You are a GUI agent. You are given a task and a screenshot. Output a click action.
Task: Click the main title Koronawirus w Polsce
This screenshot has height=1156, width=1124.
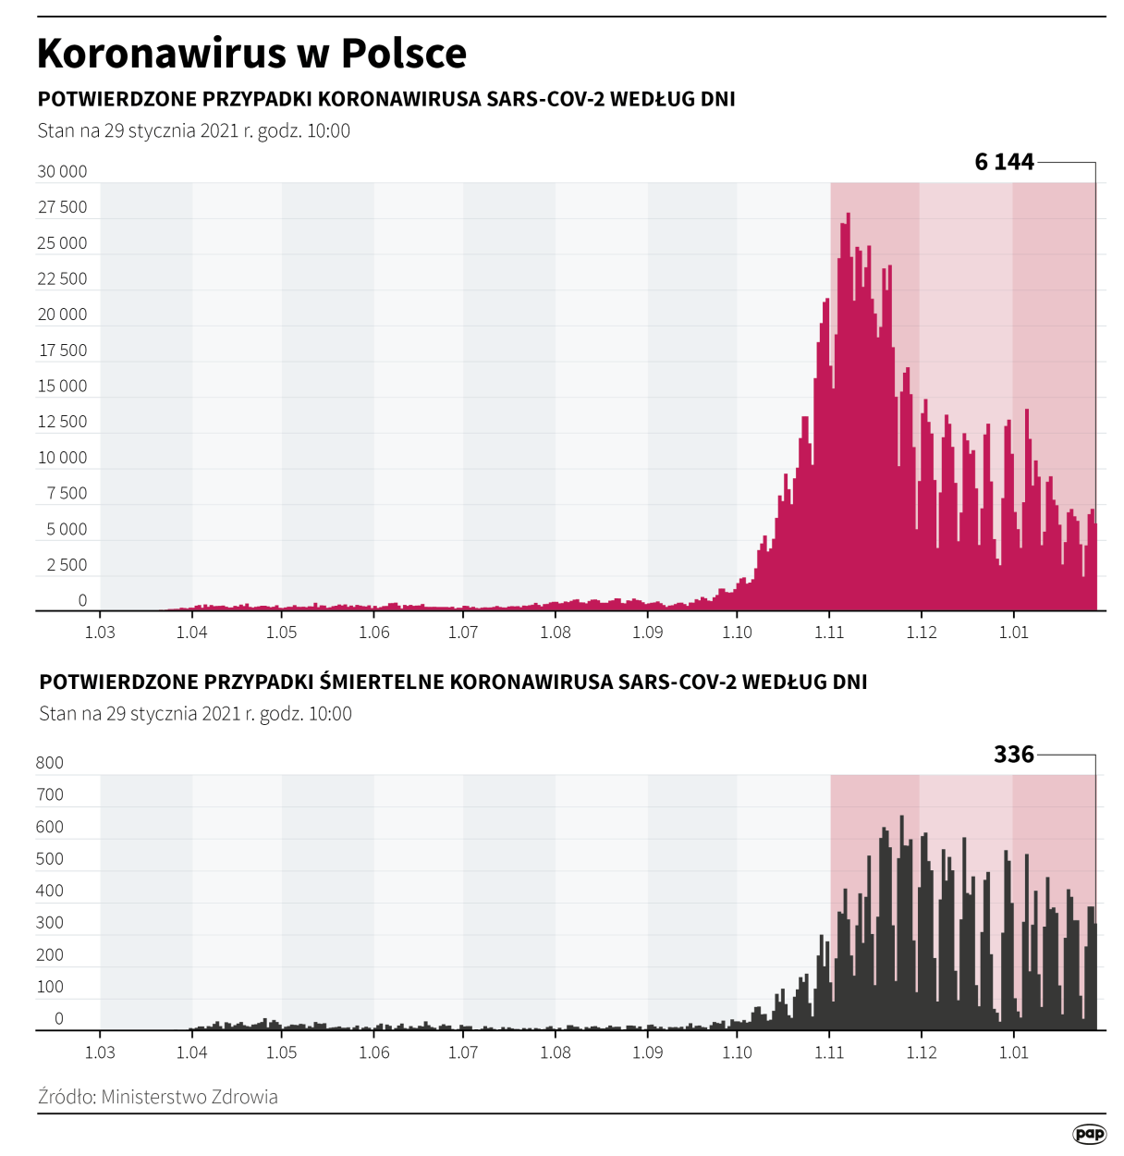[x=251, y=54]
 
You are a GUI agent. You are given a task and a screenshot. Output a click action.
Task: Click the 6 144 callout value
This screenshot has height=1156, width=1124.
[x=1004, y=162]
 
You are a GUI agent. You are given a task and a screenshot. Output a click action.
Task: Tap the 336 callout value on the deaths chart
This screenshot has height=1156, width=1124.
[x=1013, y=755]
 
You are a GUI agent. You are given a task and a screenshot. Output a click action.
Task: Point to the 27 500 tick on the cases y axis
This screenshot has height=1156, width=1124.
[x=62, y=207]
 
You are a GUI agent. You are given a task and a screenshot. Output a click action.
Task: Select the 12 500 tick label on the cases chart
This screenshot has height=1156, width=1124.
[x=62, y=422]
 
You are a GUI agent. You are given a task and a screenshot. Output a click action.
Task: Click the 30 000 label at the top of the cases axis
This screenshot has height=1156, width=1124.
[x=62, y=172]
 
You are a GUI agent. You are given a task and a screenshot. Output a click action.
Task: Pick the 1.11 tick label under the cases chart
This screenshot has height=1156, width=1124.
[x=829, y=633]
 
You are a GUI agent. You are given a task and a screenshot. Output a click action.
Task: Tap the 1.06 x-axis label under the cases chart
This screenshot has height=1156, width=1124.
[x=373, y=633]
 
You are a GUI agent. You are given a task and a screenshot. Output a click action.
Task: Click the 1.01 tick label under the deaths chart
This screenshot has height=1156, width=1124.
[x=1013, y=1052]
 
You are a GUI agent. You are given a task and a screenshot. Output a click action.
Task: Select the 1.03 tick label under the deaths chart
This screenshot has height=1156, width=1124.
[x=100, y=1052]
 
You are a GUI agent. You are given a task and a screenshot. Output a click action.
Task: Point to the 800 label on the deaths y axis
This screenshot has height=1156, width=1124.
[x=50, y=763]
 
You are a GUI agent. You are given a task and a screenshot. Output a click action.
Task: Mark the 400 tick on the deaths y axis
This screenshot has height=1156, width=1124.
[x=50, y=891]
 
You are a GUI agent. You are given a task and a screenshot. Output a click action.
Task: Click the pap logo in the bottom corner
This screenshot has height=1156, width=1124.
[x=1089, y=1134]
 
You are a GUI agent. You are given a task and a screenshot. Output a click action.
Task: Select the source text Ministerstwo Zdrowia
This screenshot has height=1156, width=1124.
[x=189, y=1097]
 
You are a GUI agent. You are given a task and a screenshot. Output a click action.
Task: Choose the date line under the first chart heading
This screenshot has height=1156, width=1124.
[x=194, y=131]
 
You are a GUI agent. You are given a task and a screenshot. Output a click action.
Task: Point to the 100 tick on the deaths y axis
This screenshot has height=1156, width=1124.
[x=50, y=987]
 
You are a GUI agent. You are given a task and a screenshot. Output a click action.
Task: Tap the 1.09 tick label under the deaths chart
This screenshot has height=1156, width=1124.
[x=647, y=1052]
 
